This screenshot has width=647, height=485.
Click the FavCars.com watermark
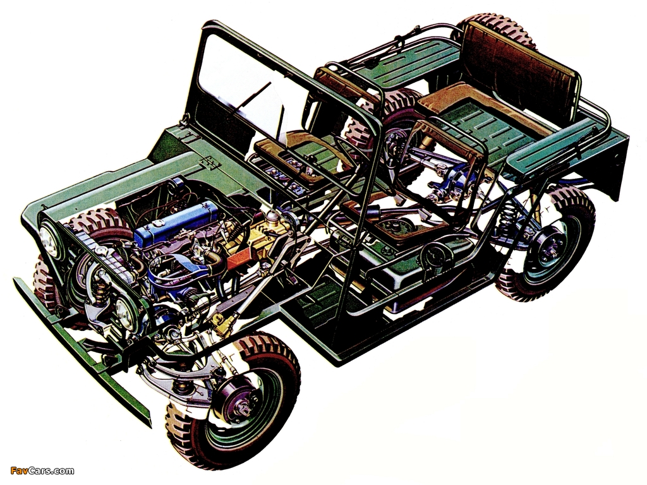click(x=42, y=470)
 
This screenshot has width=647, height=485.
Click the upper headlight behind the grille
click(x=49, y=242)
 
